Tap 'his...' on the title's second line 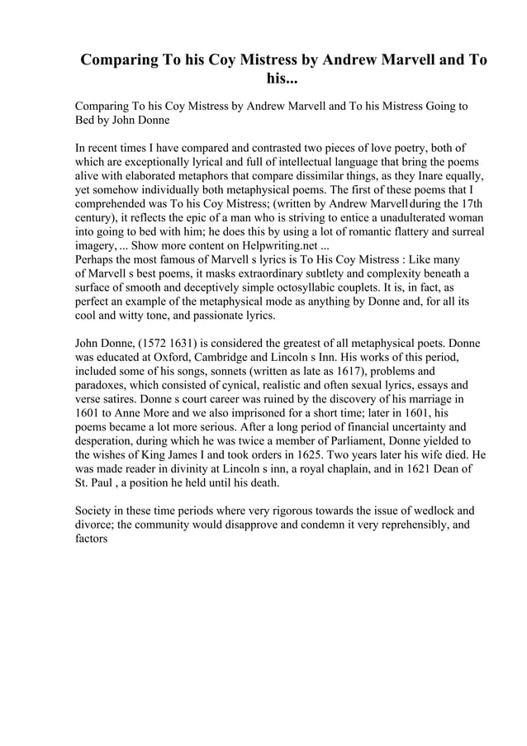pyautogui.click(x=280, y=79)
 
